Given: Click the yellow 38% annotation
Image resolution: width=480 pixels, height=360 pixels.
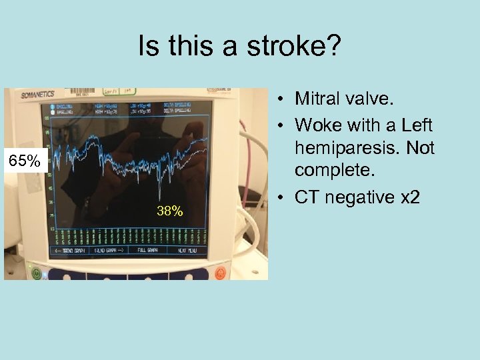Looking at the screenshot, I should (169, 212).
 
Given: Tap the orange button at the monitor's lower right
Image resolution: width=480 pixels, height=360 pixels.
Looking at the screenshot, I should (221, 271).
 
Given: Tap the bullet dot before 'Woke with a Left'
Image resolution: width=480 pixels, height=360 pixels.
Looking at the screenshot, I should (283, 125).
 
